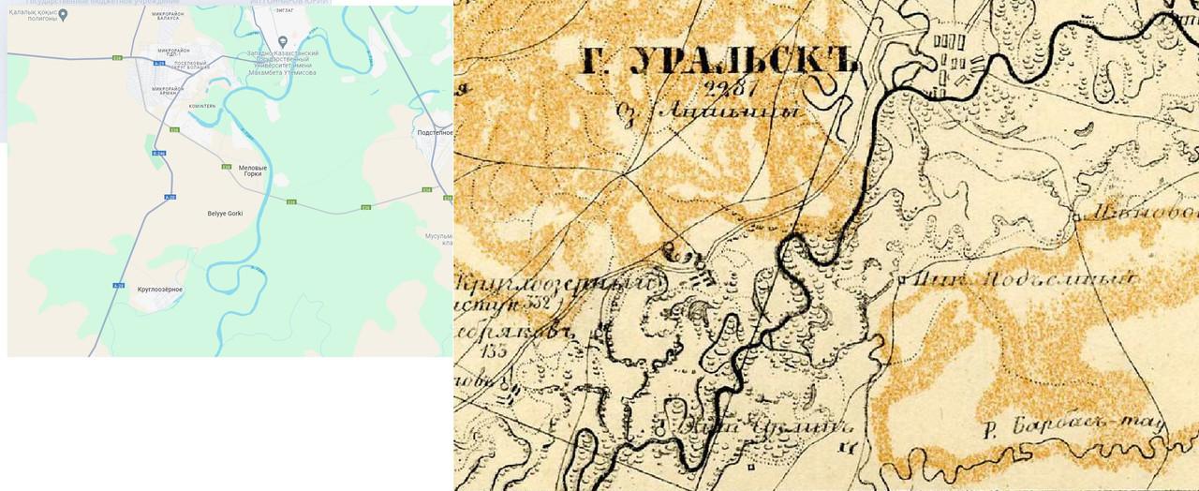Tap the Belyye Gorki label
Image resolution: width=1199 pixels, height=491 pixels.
[225, 214]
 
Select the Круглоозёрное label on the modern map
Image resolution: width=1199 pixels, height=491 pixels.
[159, 290]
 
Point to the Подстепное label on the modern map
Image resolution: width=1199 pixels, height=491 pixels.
[435, 132]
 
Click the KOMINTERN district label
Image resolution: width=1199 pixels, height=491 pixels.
[201, 106]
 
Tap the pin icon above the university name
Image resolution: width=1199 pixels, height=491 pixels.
[283, 41]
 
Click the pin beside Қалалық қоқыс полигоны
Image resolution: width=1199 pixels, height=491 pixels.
[63, 14]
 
